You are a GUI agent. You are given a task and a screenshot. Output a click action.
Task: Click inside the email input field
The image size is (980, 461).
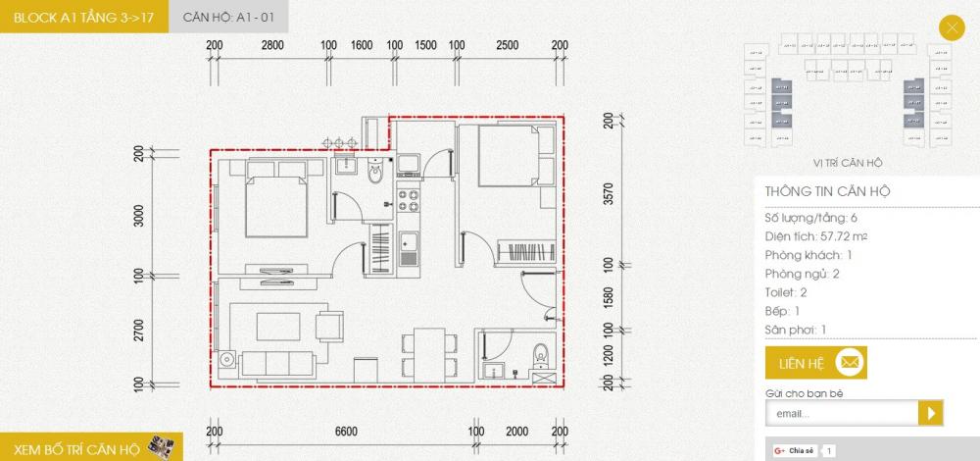pos(840,414)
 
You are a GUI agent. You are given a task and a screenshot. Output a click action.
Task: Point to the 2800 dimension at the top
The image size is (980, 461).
pos(272,45)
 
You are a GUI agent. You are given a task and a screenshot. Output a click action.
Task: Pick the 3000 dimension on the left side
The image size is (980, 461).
pos(139,216)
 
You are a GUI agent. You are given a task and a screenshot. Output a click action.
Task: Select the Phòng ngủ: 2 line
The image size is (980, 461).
pos(803,274)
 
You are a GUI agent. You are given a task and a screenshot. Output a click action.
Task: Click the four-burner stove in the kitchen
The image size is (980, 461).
pos(409,200)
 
